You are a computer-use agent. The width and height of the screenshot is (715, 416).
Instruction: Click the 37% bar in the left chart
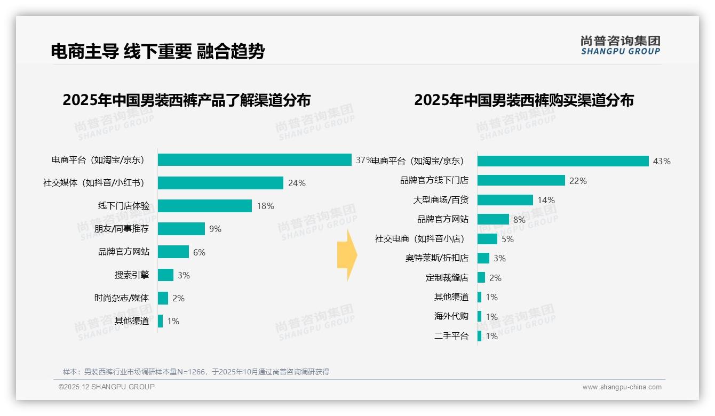click(x=255, y=160)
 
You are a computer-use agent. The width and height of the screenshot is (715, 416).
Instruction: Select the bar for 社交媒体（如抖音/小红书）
click(x=220, y=183)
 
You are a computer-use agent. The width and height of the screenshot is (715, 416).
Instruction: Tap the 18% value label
click(x=265, y=206)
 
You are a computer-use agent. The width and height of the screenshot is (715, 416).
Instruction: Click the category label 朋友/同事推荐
click(x=122, y=229)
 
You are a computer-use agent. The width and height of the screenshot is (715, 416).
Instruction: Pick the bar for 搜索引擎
click(x=165, y=275)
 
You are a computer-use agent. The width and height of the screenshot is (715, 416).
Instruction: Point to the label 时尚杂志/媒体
click(x=122, y=298)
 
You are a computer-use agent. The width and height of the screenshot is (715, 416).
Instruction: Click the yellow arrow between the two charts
click(x=347, y=255)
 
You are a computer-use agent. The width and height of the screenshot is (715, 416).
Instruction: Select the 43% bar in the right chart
click(x=563, y=161)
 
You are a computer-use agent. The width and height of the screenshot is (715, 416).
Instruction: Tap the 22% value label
click(x=578, y=181)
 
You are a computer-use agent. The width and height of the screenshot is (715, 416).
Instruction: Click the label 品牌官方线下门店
click(x=434, y=181)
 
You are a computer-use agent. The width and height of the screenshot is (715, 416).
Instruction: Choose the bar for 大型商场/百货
click(x=505, y=200)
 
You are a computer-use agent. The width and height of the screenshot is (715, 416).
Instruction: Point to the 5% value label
click(x=507, y=239)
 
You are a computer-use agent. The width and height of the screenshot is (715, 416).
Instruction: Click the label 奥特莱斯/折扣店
click(x=436, y=258)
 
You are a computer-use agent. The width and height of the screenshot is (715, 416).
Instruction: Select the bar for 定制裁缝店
click(x=481, y=278)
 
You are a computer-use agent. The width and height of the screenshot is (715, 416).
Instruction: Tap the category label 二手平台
click(x=451, y=336)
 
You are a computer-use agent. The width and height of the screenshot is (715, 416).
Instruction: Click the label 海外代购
click(x=451, y=317)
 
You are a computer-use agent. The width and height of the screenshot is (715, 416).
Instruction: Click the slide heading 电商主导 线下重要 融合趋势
click(x=157, y=51)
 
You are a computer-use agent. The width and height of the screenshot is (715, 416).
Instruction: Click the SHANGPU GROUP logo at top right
click(x=620, y=45)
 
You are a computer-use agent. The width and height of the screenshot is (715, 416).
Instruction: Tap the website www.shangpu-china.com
click(x=622, y=387)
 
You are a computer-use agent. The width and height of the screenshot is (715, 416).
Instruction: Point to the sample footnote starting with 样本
click(x=196, y=372)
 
